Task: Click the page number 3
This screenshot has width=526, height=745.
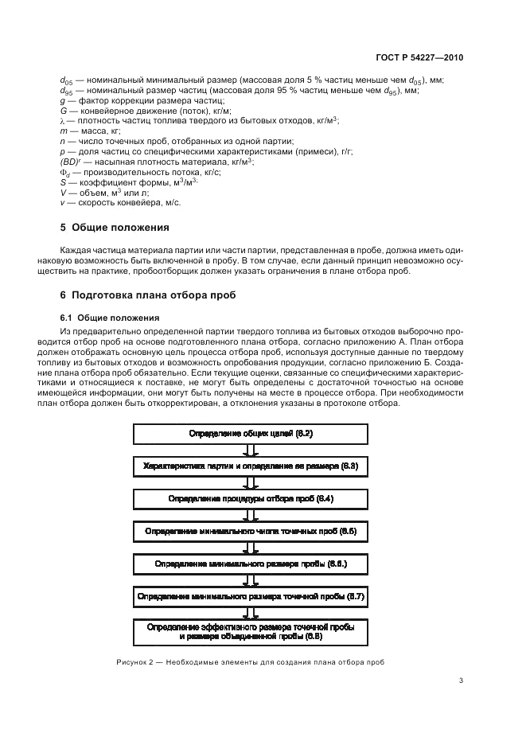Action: click(462, 681)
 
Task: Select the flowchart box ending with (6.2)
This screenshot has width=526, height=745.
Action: click(251, 433)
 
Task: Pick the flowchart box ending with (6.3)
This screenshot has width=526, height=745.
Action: click(251, 466)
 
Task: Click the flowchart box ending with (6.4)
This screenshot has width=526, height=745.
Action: click(251, 498)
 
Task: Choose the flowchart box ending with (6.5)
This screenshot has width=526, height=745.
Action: click(251, 531)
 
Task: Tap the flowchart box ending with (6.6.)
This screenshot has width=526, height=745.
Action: click(251, 564)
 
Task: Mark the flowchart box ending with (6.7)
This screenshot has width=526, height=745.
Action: click(251, 596)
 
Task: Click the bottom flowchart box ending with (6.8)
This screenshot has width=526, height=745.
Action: click(251, 632)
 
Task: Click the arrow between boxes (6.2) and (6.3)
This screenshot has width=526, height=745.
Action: click(251, 450)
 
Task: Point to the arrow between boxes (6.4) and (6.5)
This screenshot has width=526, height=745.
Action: click(251, 515)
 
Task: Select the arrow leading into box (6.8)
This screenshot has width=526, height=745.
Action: click(251, 613)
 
